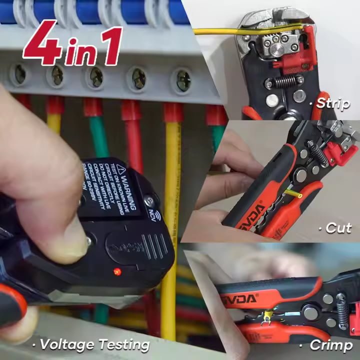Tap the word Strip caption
point(333,103)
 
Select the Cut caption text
point(338,227)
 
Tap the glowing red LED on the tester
point(117,271)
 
